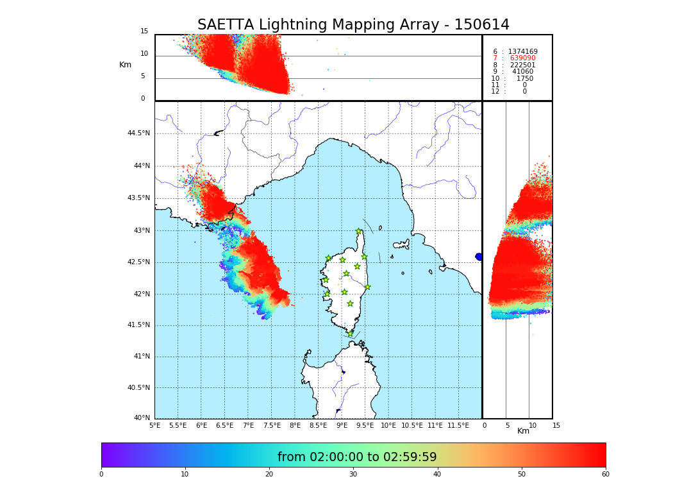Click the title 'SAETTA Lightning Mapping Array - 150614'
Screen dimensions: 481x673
point(353,25)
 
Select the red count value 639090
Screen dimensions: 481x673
point(522,58)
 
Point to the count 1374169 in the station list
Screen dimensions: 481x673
point(522,51)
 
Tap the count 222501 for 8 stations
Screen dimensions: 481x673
point(522,65)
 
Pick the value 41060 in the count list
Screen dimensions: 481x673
point(522,72)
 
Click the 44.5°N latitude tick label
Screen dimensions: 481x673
point(138,133)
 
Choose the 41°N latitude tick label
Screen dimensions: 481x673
point(140,357)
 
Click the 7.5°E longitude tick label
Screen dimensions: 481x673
point(272,425)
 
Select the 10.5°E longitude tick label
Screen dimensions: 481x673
point(412,425)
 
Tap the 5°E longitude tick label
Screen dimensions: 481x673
point(155,425)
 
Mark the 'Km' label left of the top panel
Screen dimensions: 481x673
point(125,65)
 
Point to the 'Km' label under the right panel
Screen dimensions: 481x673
point(524,431)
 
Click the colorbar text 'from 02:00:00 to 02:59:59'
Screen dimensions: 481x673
point(357,457)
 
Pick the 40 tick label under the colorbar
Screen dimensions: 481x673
point(437,475)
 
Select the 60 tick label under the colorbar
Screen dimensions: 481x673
point(605,475)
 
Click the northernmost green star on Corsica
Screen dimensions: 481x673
point(359,232)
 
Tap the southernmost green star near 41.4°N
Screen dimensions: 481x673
point(350,333)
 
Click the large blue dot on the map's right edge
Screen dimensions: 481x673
point(479,257)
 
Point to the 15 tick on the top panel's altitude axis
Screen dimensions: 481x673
point(144,31)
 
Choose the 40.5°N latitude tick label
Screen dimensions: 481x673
point(138,388)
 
